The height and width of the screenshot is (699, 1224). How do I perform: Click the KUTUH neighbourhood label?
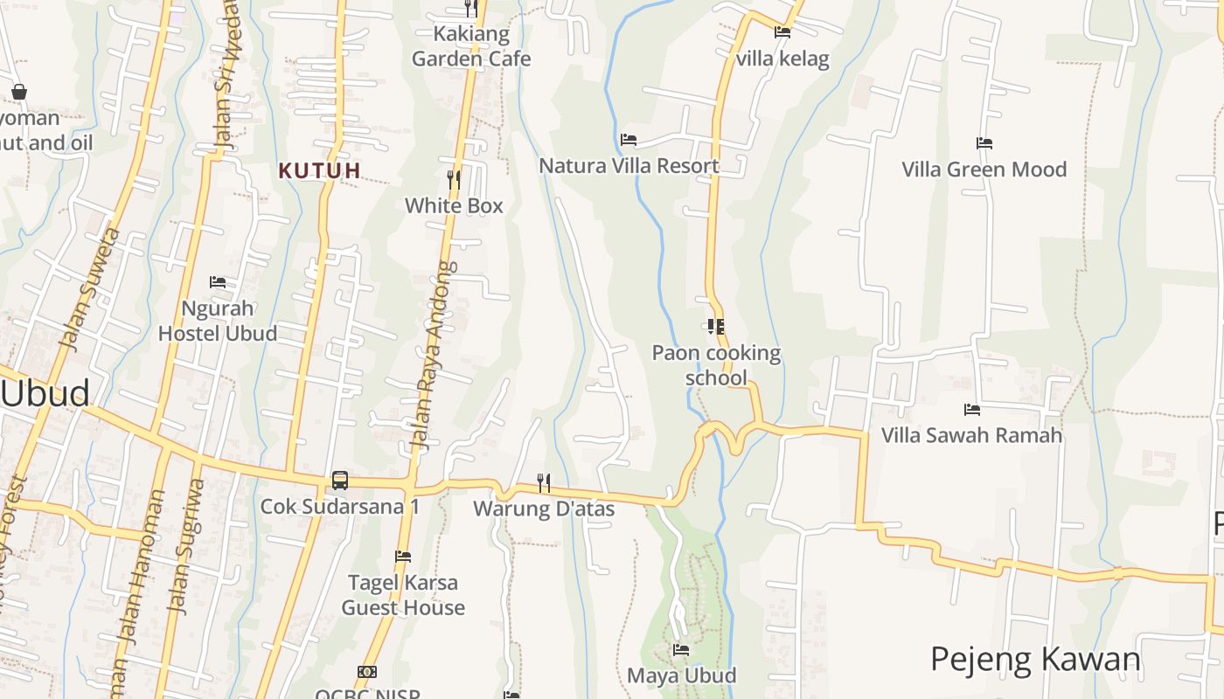click(319, 170)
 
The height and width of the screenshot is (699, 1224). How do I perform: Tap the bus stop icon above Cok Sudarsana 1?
click(340, 481)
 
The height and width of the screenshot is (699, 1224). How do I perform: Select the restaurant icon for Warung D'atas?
click(544, 482)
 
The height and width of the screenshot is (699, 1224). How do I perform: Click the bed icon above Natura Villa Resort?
click(629, 140)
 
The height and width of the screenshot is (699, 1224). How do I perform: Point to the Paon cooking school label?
click(716, 365)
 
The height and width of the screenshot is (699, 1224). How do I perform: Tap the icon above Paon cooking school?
click(716, 327)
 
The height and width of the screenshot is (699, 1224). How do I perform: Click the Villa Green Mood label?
click(984, 170)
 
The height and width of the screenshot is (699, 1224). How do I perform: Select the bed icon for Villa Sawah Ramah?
click(971, 409)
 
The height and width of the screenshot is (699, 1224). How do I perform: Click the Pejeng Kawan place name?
click(1035, 660)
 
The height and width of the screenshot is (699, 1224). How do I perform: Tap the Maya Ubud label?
click(681, 675)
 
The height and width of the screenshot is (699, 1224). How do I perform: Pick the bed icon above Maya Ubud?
click(681, 650)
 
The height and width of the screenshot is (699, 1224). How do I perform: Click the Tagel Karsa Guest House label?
click(402, 595)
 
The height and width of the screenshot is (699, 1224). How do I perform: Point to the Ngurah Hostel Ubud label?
click(218, 321)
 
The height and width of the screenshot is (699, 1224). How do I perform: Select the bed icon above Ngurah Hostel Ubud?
click(218, 282)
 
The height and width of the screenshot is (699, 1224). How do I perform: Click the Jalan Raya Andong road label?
click(434, 355)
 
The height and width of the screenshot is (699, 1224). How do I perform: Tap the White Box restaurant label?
click(454, 206)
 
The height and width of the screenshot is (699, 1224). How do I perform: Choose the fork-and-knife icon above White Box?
click(454, 180)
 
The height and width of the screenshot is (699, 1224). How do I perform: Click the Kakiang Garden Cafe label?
click(471, 47)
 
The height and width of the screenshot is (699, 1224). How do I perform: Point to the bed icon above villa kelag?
click(782, 32)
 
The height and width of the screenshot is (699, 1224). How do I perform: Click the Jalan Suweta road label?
click(88, 288)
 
